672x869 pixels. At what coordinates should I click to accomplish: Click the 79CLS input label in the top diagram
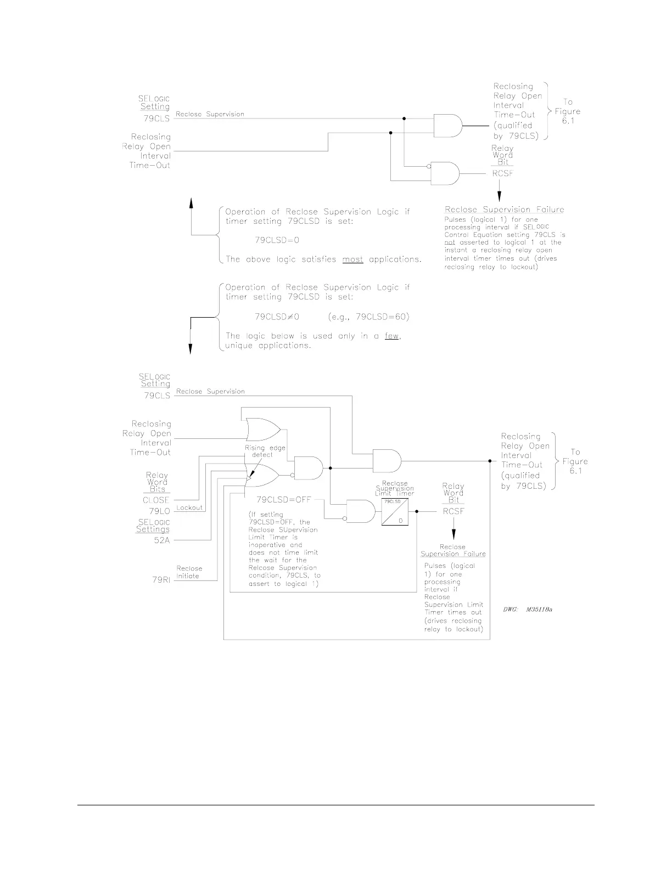tap(156, 119)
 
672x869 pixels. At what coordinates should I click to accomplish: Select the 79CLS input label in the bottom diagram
tap(157, 395)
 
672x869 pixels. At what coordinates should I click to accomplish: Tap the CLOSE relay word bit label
tap(156, 500)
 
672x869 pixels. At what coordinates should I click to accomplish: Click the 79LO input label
tap(160, 511)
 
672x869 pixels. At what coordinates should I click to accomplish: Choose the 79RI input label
tap(161, 580)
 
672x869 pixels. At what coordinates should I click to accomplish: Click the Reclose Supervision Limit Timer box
tap(395, 511)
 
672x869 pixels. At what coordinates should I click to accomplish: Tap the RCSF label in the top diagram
tap(502, 174)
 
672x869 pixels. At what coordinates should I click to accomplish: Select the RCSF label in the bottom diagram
tap(453, 511)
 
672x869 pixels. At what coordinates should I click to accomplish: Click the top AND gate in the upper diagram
tap(447, 125)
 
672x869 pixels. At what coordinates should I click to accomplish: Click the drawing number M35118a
tap(527, 609)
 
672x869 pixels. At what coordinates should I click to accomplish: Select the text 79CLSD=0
tap(277, 240)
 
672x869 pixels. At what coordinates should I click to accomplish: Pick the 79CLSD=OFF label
tap(284, 500)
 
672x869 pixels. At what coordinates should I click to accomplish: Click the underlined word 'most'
tap(352, 259)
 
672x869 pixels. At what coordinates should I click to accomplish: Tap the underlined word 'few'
tap(391, 336)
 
